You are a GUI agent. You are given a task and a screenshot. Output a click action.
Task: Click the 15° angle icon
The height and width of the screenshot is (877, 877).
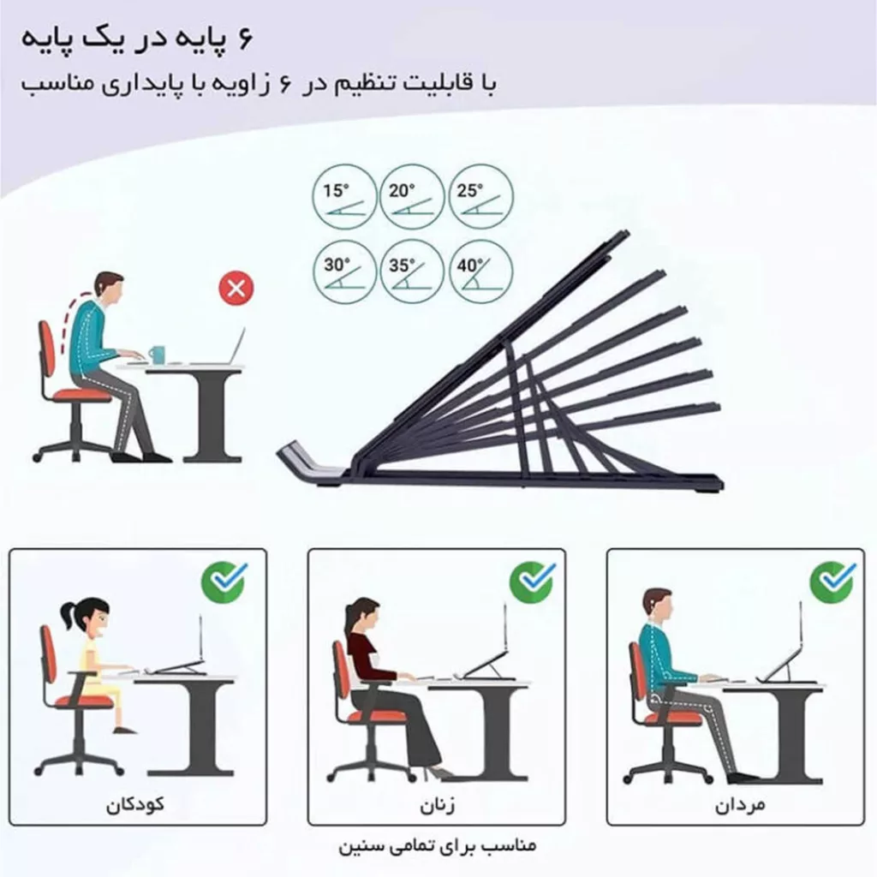pos(343,198)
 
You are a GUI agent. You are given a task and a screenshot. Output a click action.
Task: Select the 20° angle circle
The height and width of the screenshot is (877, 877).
pos(412,198)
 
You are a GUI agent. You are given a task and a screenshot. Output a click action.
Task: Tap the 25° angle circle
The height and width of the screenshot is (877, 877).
pos(480,198)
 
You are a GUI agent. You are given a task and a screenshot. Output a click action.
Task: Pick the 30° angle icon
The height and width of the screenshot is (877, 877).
pos(343,271)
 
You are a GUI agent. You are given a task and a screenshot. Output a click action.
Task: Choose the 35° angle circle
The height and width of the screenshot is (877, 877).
pos(412,271)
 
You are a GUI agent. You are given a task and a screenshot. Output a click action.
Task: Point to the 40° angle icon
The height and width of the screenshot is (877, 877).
pos(480,271)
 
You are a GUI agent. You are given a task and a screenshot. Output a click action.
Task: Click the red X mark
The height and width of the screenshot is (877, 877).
pos(235,289)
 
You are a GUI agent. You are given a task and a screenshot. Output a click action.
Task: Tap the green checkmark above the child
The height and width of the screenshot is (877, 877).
pos(224,582)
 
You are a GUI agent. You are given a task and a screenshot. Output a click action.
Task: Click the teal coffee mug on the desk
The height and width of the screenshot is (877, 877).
pos(157,354)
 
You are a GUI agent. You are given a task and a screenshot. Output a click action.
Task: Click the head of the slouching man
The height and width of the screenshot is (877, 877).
pos(110,289)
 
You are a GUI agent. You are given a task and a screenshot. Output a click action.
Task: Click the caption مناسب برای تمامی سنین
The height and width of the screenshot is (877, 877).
pos(437,846)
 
